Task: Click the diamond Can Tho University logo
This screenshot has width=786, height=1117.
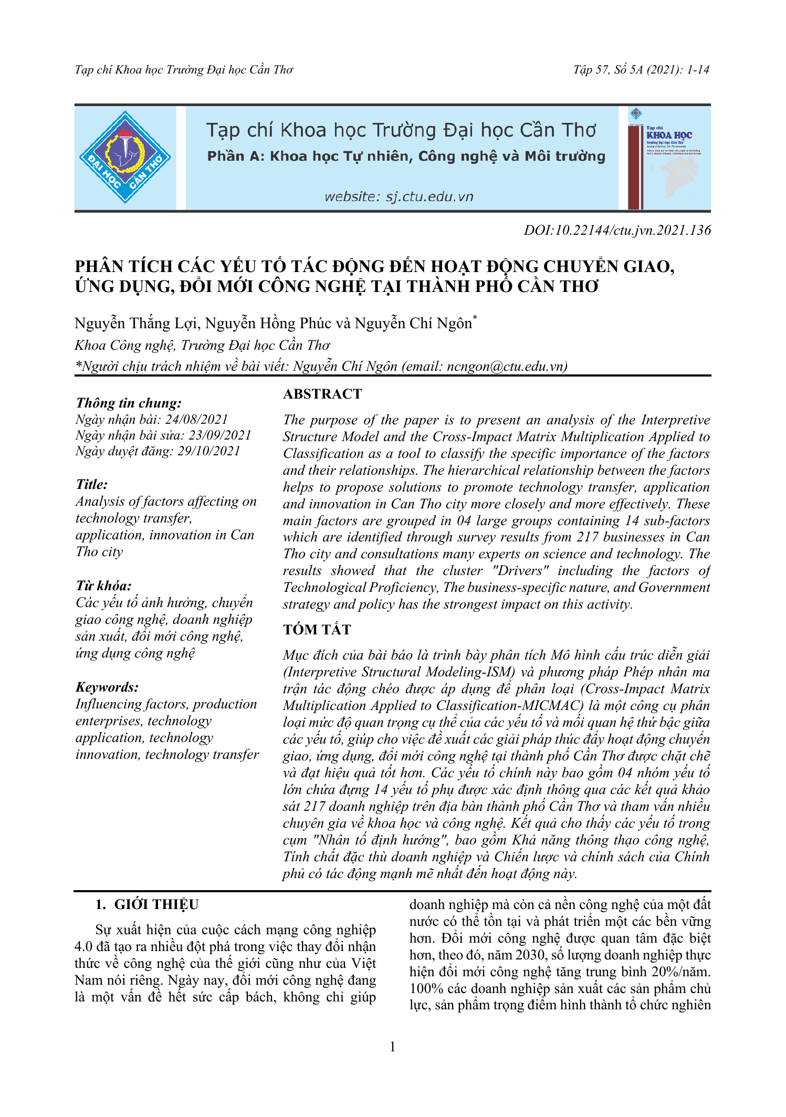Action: pyautogui.click(x=125, y=158)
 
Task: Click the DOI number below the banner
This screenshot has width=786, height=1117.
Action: pyautogui.click(x=617, y=230)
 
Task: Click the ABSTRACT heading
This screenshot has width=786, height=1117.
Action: pyautogui.click(x=322, y=394)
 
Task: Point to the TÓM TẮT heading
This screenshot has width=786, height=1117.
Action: pyautogui.click(x=317, y=629)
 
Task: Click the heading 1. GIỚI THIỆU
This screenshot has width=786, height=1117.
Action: pyautogui.click(x=146, y=904)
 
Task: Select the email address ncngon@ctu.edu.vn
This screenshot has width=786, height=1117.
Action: pyautogui.click(x=506, y=366)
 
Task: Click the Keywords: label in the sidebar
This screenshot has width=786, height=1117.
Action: pyautogui.click(x=107, y=687)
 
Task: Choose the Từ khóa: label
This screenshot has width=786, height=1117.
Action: pyautogui.click(x=103, y=586)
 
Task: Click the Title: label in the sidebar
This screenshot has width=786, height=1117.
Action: pyautogui.click(x=91, y=484)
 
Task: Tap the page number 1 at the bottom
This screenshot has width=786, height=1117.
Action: pyautogui.click(x=393, y=1047)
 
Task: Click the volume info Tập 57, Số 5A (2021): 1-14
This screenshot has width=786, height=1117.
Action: pyautogui.click(x=641, y=70)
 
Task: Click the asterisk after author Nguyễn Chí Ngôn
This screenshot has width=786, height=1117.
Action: pyautogui.click(x=475, y=318)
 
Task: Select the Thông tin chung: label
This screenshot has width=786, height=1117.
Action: pyautogui.click(x=129, y=403)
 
